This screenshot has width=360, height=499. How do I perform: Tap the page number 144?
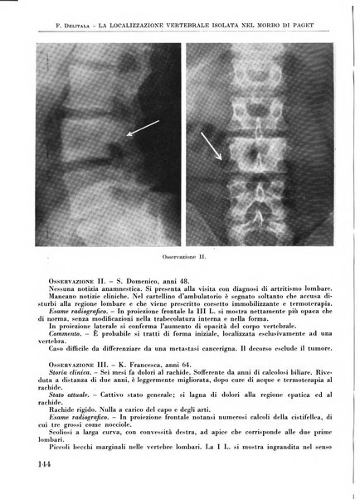point(48,466)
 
